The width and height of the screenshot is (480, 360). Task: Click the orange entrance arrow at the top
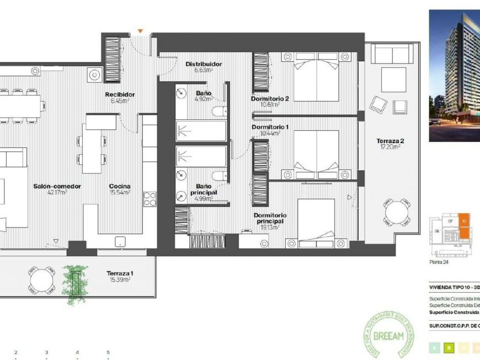(141, 31)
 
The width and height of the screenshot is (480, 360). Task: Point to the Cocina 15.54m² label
(119, 189)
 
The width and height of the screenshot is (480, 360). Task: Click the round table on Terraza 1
(42, 280)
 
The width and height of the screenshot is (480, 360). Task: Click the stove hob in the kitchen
(150, 199)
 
